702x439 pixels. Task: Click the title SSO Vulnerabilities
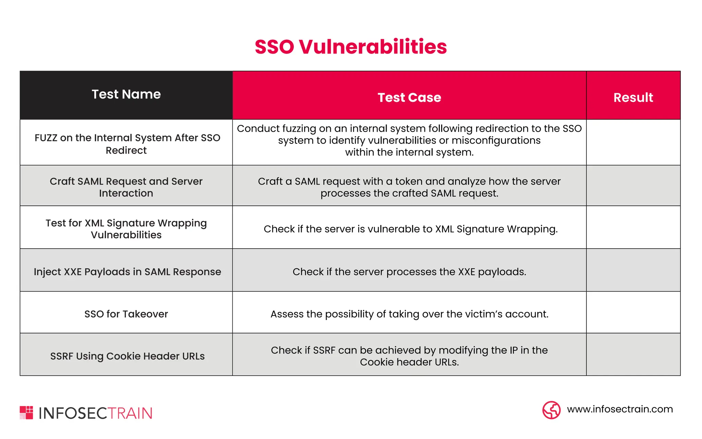pyautogui.click(x=351, y=47)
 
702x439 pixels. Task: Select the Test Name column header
pyautogui.click(x=126, y=95)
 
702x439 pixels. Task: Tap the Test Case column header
pyautogui.click(x=409, y=97)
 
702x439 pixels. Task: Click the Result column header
pyautogui.click(x=633, y=97)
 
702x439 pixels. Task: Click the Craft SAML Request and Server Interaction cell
pyautogui.click(x=126, y=187)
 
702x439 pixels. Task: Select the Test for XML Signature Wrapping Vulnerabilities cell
pyautogui.click(x=126, y=229)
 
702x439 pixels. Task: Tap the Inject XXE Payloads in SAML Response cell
pyautogui.click(x=127, y=272)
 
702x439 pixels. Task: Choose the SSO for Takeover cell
pyautogui.click(x=126, y=314)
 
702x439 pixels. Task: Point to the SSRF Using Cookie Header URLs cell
pyautogui.click(x=127, y=356)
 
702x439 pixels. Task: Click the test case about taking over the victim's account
pyautogui.click(x=409, y=314)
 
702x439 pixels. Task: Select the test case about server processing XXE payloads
pyautogui.click(x=409, y=272)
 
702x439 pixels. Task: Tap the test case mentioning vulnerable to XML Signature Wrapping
pyautogui.click(x=410, y=229)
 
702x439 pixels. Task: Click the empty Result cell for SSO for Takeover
pyautogui.click(x=633, y=312)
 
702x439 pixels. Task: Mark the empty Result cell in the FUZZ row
pyautogui.click(x=633, y=142)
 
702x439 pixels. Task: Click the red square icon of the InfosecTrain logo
pyautogui.click(x=26, y=413)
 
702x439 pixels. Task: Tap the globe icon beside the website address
pyautogui.click(x=551, y=410)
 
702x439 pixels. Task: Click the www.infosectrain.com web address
pyautogui.click(x=620, y=409)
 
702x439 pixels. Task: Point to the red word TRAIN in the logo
pyautogui.click(x=130, y=413)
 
